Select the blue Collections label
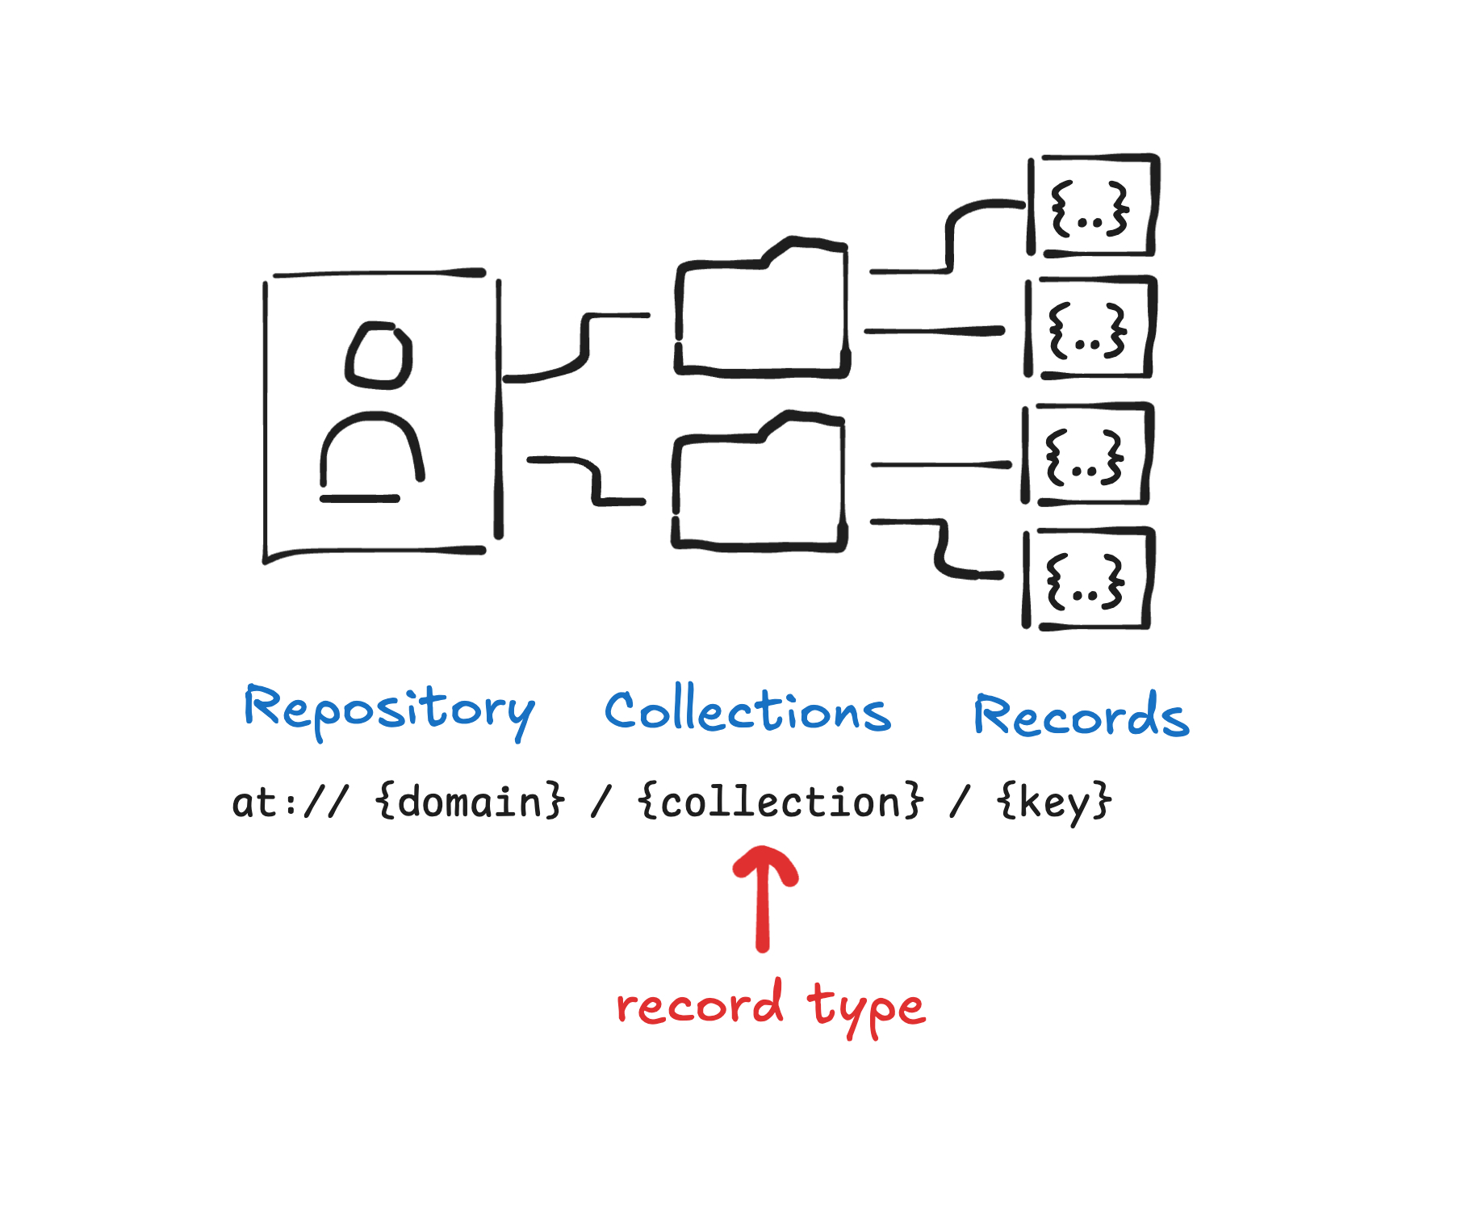tap(747, 711)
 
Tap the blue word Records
tap(1082, 715)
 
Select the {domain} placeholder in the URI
tap(470, 803)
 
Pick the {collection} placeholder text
tap(780, 803)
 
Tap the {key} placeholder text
tap(1054, 803)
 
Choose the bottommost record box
tap(1086, 580)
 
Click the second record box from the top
tap(1090, 329)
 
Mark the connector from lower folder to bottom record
tap(940, 549)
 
